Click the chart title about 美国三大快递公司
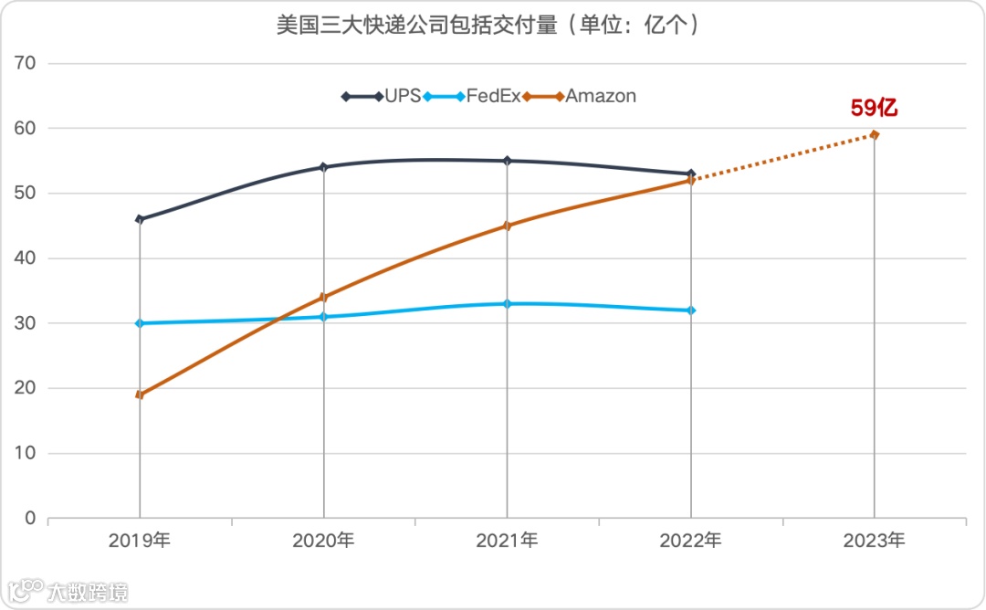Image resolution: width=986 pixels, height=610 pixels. tap(491, 25)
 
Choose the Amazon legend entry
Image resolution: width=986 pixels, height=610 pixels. tap(584, 96)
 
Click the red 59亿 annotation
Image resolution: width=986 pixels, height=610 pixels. tap(874, 108)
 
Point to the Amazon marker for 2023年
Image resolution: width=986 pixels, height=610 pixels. tap(875, 134)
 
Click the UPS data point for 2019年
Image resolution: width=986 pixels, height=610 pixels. tap(140, 219)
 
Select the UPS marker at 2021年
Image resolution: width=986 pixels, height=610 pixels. tap(508, 161)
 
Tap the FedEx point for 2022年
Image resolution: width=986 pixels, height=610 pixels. tap(691, 310)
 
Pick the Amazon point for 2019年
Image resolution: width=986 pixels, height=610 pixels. tap(140, 394)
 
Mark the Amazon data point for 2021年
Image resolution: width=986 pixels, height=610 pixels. tap(508, 226)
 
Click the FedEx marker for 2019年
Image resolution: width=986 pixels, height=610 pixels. tap(140, 323)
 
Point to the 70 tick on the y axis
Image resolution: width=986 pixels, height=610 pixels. tap(26, 63)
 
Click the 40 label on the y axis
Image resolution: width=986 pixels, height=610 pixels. tap(26, 258)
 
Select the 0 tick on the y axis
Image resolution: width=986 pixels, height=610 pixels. tap(30, 518)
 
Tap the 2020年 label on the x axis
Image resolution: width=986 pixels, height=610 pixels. tap(323, 541)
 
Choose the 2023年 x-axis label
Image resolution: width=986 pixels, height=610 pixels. tap(874, 541)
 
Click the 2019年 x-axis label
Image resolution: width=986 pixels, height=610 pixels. tap(140, 541)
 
